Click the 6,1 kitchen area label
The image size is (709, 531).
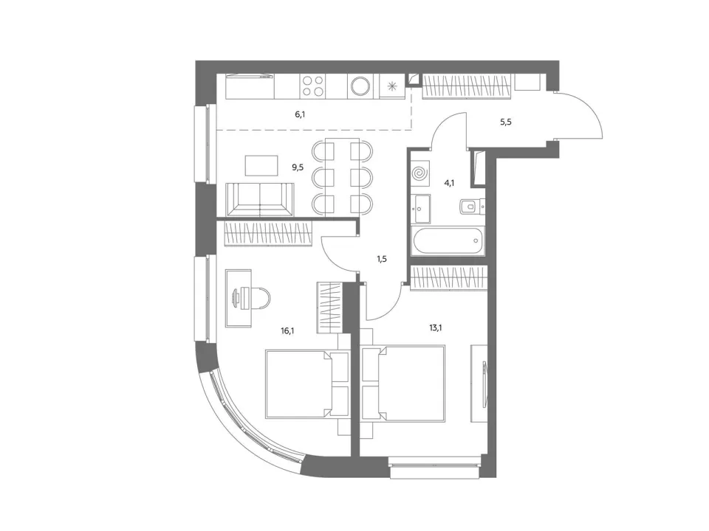coord(301,115)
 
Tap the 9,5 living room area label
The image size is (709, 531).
coord(298,167)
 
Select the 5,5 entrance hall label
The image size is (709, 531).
coord(506,122)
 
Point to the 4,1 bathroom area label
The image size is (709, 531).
coord(449,183)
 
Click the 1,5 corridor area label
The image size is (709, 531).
coord(382,259)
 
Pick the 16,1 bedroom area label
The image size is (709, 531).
coord(287,330)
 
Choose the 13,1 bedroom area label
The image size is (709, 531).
coord(436,327)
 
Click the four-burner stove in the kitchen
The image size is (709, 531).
coord(313,86)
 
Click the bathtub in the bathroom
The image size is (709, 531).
coord(448,240)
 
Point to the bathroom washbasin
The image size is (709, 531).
coord(422,209)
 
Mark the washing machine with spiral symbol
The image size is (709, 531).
coord(420,173)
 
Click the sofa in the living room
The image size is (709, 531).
coord(259,200)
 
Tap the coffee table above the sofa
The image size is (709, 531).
coord(261,166)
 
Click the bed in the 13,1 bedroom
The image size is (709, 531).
coord(403,383)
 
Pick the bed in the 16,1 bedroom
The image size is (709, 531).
coord(307,383)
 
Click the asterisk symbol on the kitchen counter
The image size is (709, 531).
coord(392,86)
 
